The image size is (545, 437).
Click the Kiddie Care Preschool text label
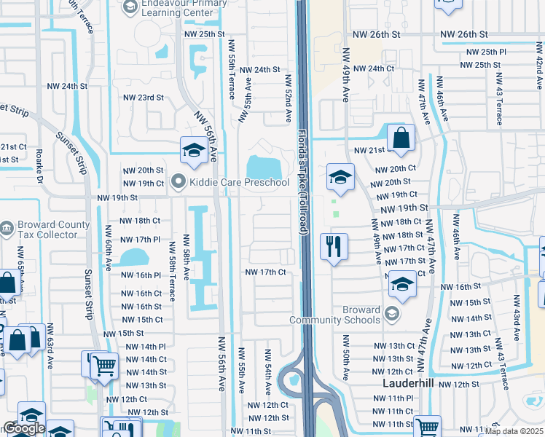tap(240, 181)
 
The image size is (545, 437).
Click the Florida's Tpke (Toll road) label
tap(303, 181)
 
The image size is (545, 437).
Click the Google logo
tap(23, 429)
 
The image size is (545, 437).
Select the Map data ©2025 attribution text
tap(514, 431)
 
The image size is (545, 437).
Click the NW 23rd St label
tap(143, 98)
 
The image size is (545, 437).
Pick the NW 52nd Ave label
tap(289, 98)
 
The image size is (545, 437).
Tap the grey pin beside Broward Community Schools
tap(392, 314)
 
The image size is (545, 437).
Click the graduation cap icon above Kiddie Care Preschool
tap(193, 150)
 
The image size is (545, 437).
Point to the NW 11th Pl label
tap(393, 398)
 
